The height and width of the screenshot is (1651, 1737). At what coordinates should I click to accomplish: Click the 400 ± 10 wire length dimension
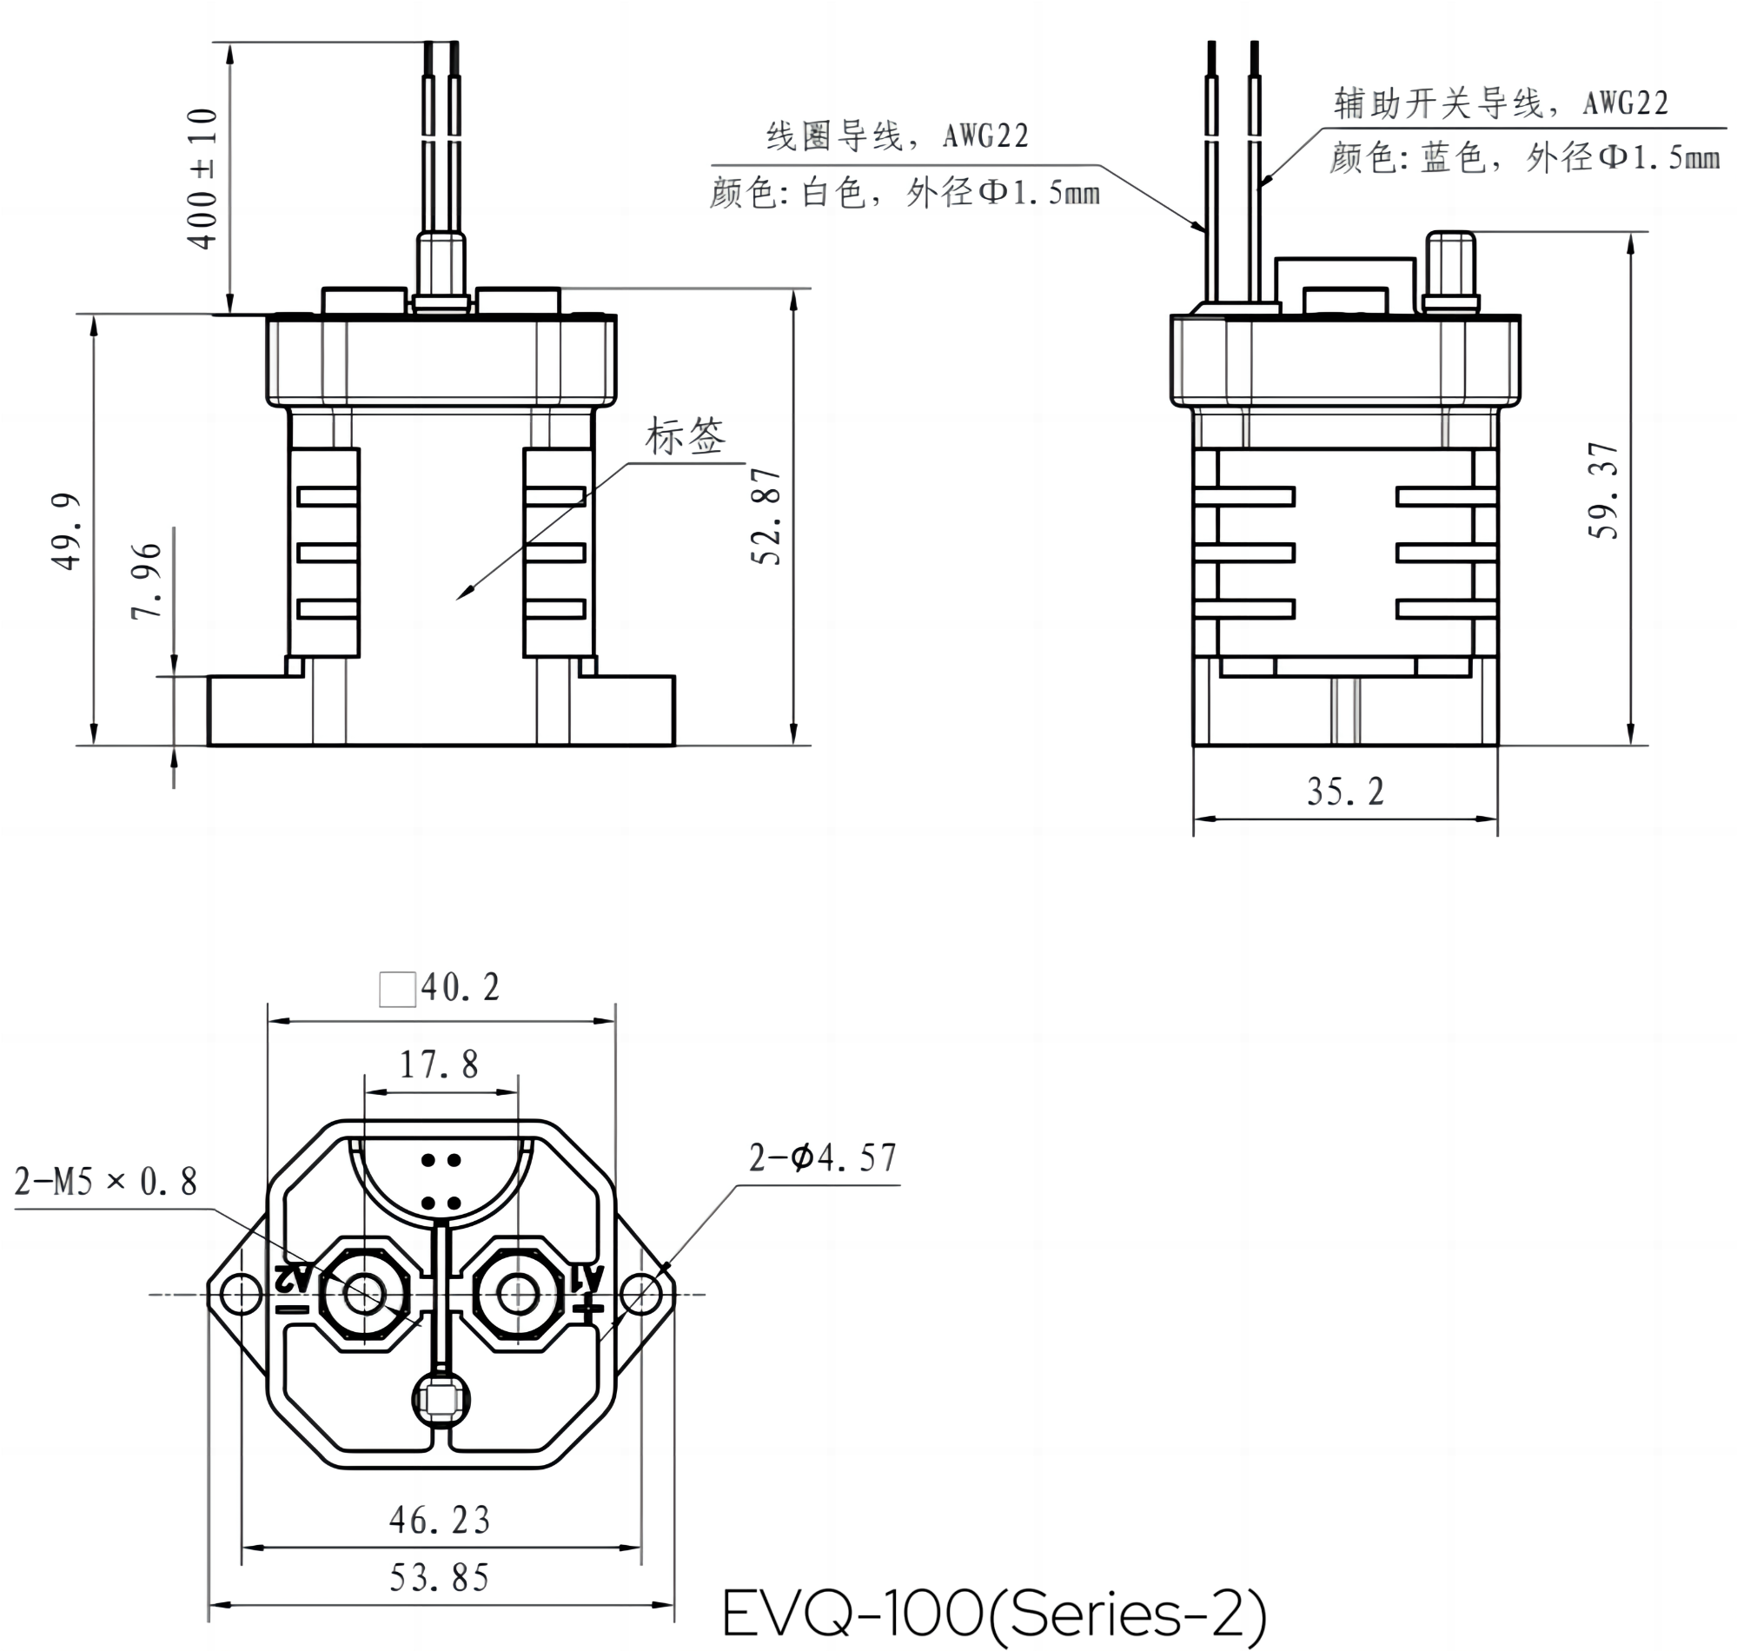point(202,179)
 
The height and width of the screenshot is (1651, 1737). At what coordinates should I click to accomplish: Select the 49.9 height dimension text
point(68,532)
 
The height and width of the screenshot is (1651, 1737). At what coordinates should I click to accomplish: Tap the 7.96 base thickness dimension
point(147,581)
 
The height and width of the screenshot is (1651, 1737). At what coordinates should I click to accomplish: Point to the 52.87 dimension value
point(766,517)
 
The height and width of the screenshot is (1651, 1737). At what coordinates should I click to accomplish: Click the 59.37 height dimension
point(1603,490)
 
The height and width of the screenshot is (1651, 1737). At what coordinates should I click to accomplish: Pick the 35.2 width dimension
point(1344,792)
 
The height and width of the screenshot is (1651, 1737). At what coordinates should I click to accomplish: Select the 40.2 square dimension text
point(461,988)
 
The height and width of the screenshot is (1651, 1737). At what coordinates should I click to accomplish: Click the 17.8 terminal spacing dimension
point(439,1064)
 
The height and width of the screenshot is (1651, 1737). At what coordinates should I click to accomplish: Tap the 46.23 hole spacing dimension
point(439,1521)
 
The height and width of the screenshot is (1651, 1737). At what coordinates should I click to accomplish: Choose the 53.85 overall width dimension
point(439,1578)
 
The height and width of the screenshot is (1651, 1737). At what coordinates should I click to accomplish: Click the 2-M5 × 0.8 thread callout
point(106,1182)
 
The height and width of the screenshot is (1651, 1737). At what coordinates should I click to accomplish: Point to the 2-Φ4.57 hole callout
point(823,1158)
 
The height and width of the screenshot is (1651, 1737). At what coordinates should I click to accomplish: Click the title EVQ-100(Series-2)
point(994,1612)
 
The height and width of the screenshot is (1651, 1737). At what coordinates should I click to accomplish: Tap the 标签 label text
point(686,436)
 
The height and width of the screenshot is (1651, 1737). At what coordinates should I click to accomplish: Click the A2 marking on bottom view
point(293,1278)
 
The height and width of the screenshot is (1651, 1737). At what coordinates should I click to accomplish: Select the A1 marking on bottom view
point(587,1278)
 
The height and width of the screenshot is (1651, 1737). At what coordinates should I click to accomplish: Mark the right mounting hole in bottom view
point(641,1295)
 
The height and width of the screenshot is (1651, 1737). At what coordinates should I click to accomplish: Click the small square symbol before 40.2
point(397,989)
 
